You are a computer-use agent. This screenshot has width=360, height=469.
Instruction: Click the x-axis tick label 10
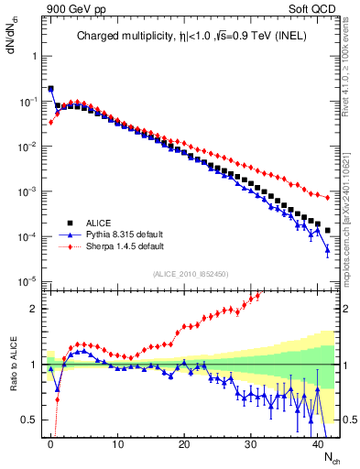click(117, 442)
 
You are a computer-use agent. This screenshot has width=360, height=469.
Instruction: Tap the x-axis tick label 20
click(184, 442)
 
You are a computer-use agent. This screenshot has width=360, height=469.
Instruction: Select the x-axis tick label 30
click(251, 442)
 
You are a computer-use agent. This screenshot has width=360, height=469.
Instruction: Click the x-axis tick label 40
click(318, 442)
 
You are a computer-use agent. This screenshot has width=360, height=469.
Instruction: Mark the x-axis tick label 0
click(50, 442)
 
